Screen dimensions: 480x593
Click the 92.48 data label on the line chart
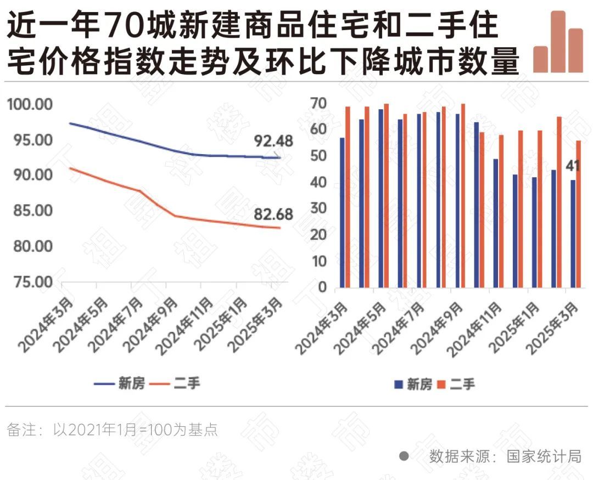coord(273,141)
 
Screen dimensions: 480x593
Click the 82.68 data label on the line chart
coord(273,214)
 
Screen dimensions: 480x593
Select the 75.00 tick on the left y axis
coord(30,282)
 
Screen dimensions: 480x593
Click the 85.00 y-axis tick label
coord(30,211)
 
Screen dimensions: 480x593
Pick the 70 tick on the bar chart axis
coord(320,104)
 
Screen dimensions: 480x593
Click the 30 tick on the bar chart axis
coord(320,208)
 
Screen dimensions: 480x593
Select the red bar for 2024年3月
coord(348,197)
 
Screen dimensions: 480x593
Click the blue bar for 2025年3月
coord(573,234)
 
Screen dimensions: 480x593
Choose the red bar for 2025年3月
coord(579,214)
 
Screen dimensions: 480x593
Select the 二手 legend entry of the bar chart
coord(455,384)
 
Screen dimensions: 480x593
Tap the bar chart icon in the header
coord(558,42)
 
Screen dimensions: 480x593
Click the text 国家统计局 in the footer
coord(544,456)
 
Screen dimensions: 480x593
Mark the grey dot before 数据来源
coord(404,456)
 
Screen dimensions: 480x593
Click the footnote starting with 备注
coord(112,430)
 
